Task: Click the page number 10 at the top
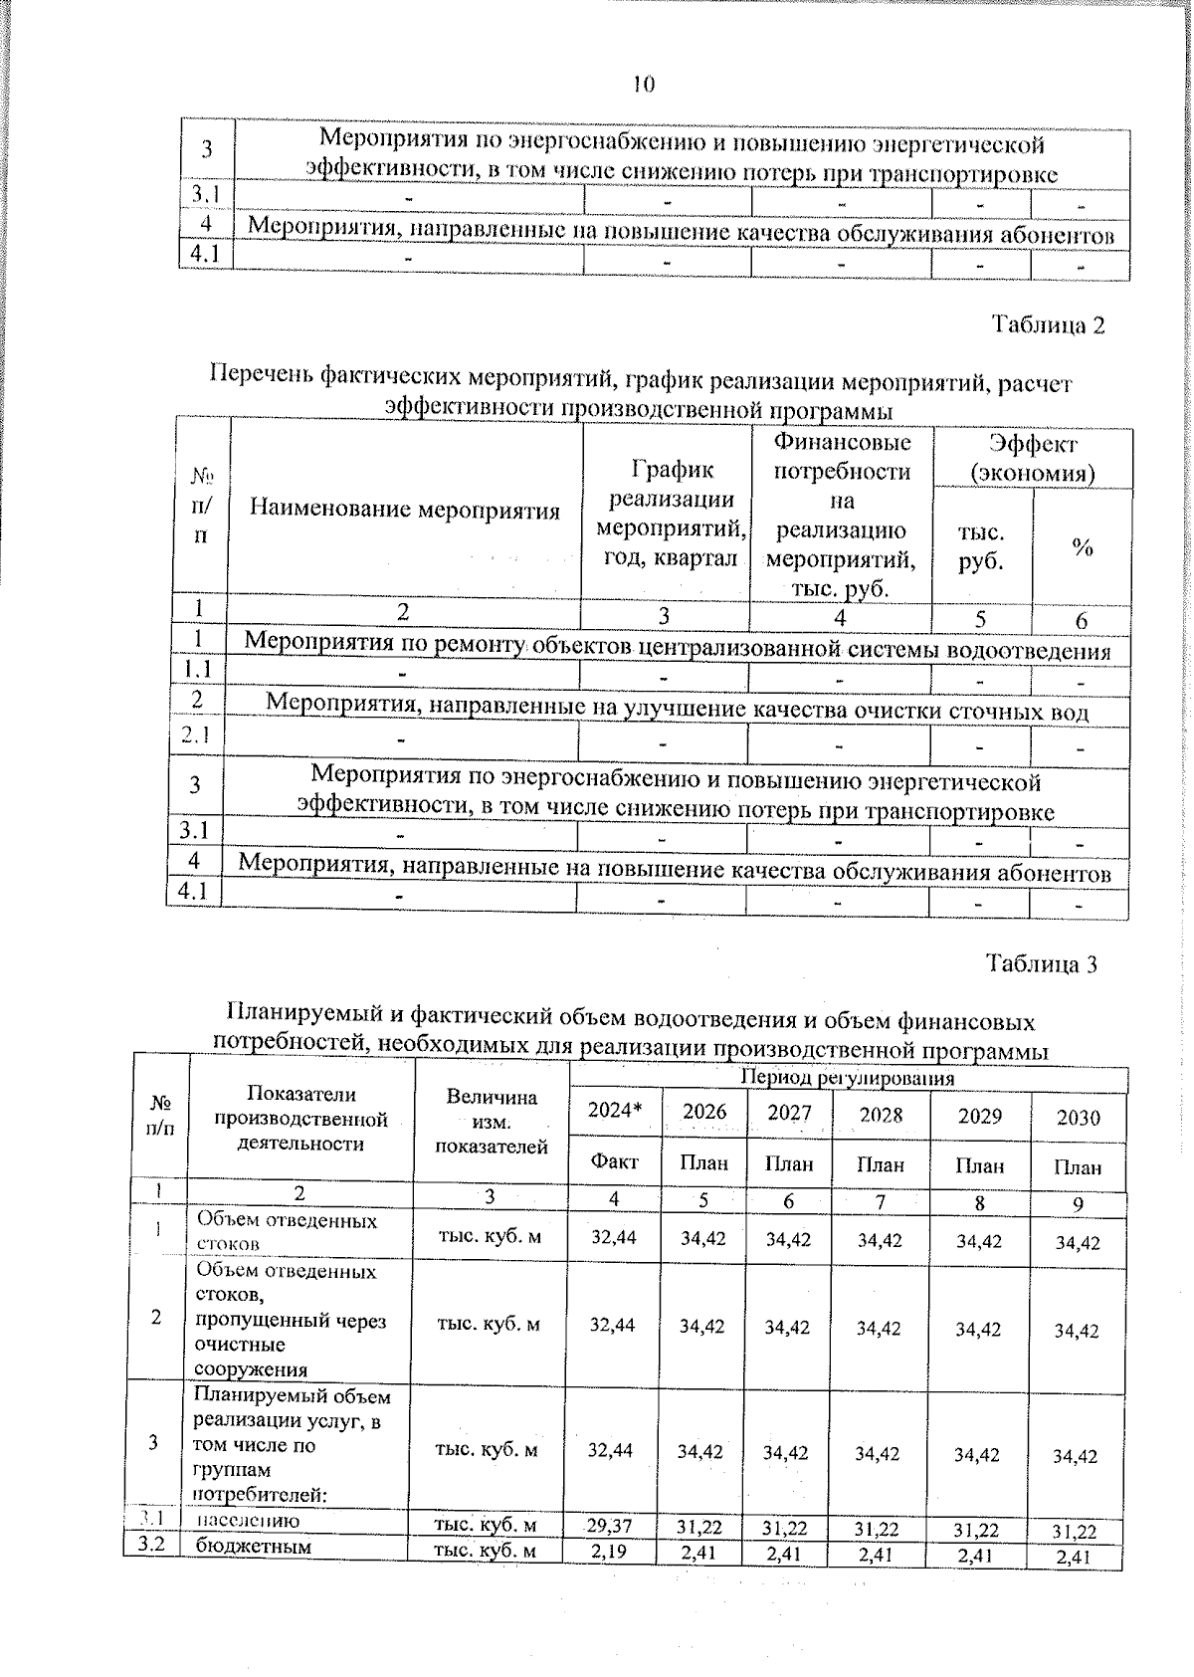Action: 643,85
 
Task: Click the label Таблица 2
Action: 1048,325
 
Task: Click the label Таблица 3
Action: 1041,963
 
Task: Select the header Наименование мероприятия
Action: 404,511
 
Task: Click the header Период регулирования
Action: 847,1078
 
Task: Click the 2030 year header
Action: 1078,1117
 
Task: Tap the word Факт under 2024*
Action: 614,1160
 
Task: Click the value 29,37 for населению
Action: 609,1525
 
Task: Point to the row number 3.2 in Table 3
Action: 152,1546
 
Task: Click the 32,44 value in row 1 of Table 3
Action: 613,1236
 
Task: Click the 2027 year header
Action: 788,1112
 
